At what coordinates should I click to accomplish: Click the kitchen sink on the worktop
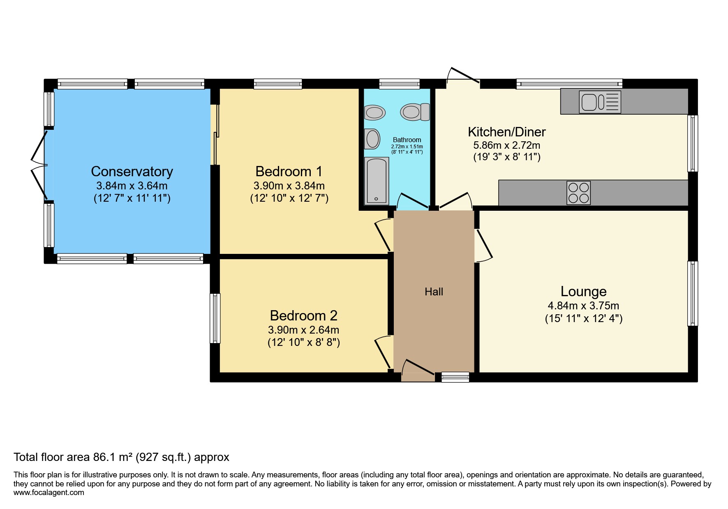tap(600, 101)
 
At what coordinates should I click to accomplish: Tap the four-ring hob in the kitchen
tap(579, 193)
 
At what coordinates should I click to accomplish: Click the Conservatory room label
tap(132, 171)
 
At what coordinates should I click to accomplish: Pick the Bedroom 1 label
tap(289, 171)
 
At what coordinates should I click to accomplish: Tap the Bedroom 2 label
tap(303, 316)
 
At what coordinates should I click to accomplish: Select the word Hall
tap(434, 292)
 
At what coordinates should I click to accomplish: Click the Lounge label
tap(584, 291)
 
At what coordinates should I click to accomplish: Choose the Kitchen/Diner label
tap(507, 132)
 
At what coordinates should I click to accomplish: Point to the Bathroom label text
tap(407, 140)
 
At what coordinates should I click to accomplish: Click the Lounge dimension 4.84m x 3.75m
tap(583, 306)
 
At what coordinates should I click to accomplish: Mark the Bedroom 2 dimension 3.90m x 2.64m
tap(303, 330)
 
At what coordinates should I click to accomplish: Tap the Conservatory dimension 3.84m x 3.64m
tap(132, 186)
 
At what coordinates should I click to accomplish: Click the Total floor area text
tap(121, 457)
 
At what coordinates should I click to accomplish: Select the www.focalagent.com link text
tap(49, 493)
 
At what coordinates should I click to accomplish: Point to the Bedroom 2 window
tap(215, 318)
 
